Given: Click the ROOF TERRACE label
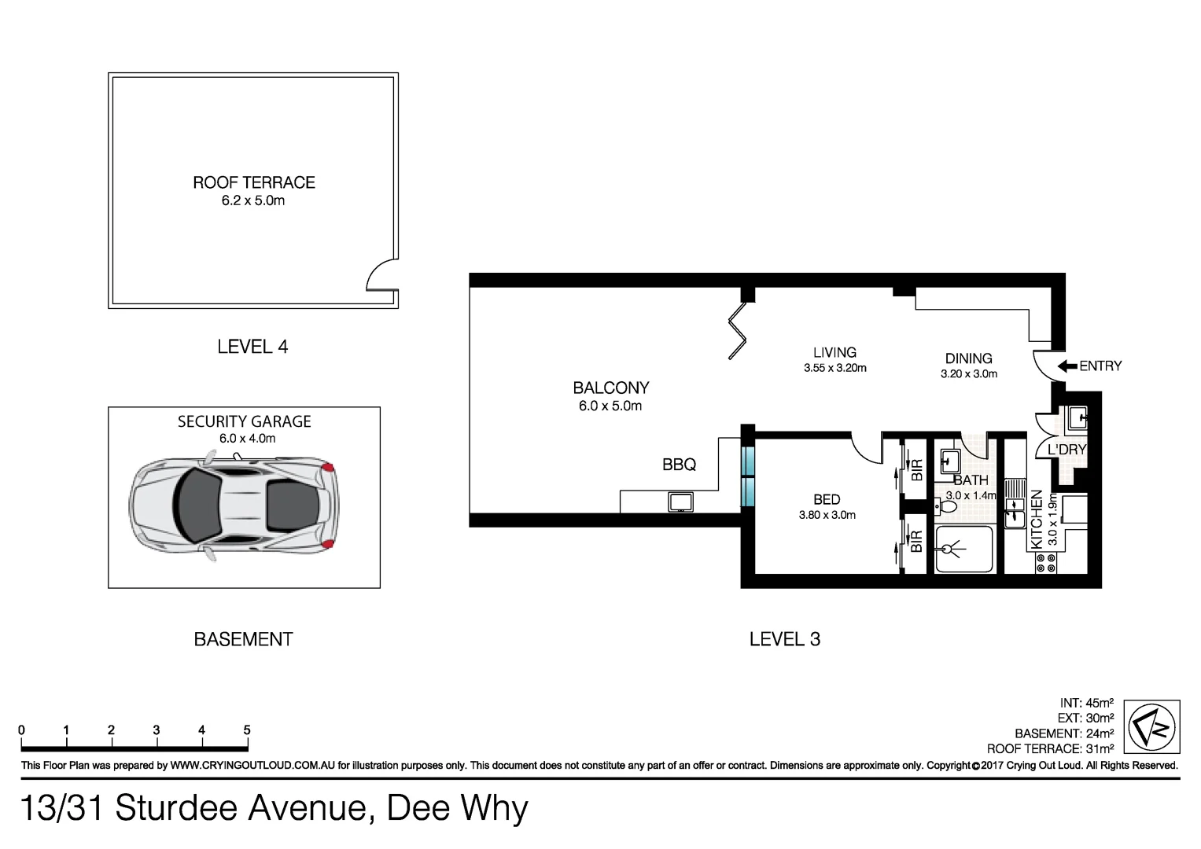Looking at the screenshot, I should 254,182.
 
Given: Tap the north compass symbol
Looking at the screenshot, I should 1151,727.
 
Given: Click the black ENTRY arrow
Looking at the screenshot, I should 1067,366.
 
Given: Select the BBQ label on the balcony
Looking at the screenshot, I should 679,465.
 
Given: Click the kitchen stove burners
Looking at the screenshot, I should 1046,562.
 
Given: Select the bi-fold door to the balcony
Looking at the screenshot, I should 737,330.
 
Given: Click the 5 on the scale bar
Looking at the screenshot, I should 247,730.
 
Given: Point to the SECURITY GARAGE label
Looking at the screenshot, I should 244,421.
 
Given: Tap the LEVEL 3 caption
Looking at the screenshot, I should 784,640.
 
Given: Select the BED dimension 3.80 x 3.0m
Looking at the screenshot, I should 827,516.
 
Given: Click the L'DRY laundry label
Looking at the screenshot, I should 1067,450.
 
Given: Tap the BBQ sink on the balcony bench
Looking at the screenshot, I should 680,502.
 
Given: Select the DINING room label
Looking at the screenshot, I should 968,358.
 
